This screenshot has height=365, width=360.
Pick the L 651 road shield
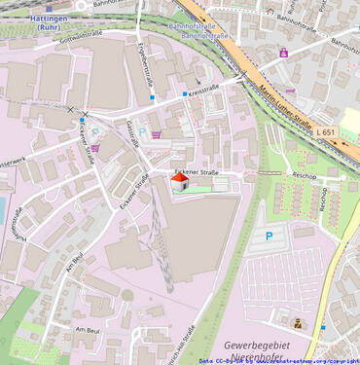[325, 132]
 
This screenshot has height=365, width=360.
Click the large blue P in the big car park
[270, 235]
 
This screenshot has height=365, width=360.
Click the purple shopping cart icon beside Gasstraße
[156, 135]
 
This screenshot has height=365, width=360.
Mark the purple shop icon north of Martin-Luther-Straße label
[283, 53]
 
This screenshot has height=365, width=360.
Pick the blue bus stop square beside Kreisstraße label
[185, 94]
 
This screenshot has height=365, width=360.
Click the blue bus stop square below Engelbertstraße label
[152, 97]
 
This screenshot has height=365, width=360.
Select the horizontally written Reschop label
[305, 176]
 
